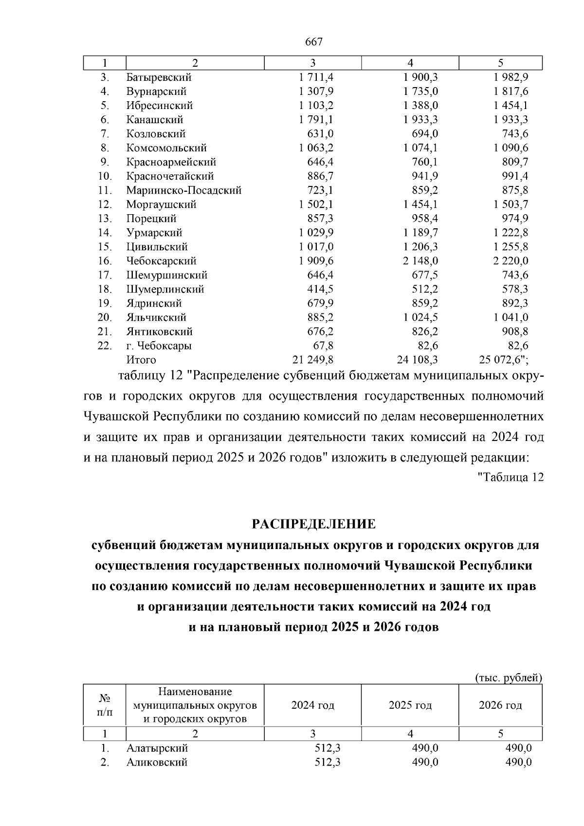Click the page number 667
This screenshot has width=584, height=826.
(x=314, y=42)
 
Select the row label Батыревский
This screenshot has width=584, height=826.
(x=159, y=77)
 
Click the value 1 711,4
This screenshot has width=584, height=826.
(x=316, y=77)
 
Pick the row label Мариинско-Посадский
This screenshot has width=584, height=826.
(x=184, y=190)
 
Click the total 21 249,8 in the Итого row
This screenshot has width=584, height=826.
(x=312, y=360)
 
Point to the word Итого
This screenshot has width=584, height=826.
(x=141, y=360)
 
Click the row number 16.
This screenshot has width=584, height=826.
(x=105, y=261)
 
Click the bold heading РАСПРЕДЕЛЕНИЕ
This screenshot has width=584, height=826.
(x=314, y=524)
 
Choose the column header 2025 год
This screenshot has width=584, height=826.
(x=410, y=705)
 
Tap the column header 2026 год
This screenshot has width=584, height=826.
(x=500, y=705)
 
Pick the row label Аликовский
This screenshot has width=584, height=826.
(x=157, y=762)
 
